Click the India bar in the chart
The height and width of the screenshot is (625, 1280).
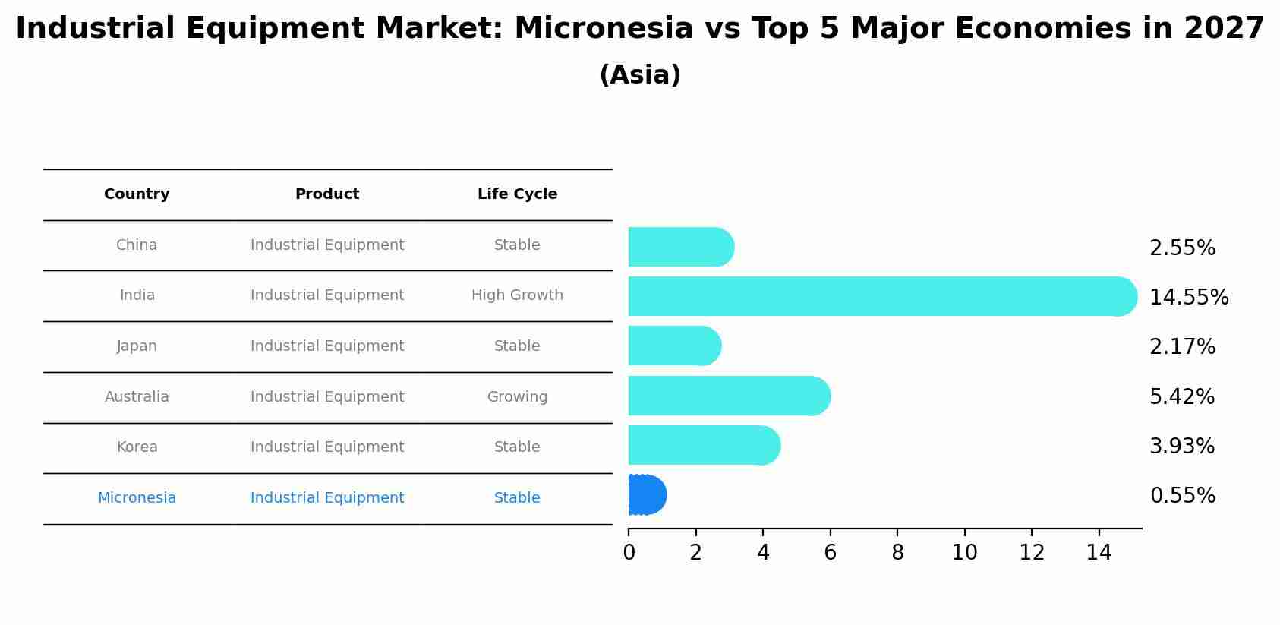click(883, 296)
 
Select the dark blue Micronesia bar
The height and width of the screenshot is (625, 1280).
click(648, 494)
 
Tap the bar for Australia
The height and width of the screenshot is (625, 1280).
click(730, 396)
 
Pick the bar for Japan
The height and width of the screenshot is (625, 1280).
click(675, 346)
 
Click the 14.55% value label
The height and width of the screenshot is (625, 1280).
click(1189, 298)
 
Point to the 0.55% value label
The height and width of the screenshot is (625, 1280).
click(1182, 495)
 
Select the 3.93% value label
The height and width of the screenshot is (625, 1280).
click(1182, 446)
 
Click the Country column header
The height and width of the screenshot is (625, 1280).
click(137, 194)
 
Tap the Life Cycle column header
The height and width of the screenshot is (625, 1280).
click(517, 194)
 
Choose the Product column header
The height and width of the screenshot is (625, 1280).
click(327, 194)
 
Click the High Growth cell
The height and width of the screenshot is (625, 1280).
click(517, 295)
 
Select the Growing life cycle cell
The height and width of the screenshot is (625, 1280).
click(517, 397)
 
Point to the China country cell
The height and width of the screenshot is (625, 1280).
click(137, 245)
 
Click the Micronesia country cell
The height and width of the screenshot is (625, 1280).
click(137, 497)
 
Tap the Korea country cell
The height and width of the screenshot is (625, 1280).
click(137, 447)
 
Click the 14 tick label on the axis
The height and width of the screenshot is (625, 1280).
click(1099, 552)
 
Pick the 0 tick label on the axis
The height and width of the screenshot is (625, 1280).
click(629, 552)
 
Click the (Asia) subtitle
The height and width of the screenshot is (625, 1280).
click(640, 75)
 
